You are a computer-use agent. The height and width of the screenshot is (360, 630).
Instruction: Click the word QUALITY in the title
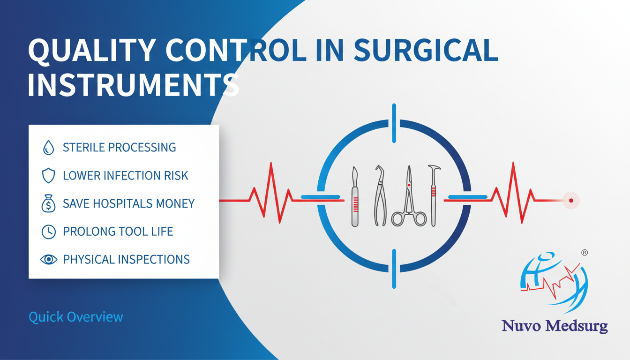pyautogui.click(x=92, y=50)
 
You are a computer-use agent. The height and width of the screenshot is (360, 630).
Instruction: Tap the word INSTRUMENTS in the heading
pyautogui.click(x=134, y=85)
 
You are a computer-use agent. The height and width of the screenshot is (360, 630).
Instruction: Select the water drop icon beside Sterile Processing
pyautogui.click(x=48, y=147)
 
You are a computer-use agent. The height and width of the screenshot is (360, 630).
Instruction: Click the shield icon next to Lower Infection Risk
pyautogui.click(x=48, y=175)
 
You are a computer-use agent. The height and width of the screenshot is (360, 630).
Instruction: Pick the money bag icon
pyautogui.click(x=48, y=203)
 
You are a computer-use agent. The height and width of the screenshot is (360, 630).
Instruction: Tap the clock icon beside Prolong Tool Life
pyautogui.click(x=49, y=232)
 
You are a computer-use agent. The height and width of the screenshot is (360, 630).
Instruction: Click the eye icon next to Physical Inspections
pyautogui.click(x=49, y=259)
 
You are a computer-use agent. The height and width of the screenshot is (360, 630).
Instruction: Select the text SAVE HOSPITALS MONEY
pyautogui.click(x=128, y=203)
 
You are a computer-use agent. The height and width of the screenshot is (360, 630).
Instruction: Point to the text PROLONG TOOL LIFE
pyautogui.click(x=118, y=232)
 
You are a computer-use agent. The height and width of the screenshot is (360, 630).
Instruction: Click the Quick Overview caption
pyautogui.click(x=76, y=317)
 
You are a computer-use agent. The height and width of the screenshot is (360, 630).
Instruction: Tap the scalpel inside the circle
pyautogui.click(x=355, y=196)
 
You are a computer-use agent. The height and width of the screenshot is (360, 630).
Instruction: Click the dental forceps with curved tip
pyautogui.click(x=380, y=195)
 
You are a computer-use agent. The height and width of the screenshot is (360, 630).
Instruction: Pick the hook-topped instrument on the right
pyautogui.click(x=434, y=196)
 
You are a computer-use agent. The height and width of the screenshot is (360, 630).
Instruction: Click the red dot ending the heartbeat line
pyautogui.click(x=571, y=201)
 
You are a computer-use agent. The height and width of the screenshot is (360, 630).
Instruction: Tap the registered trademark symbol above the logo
pyautogui.click(x=585, y=253)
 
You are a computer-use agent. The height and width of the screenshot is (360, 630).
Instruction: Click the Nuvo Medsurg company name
pyautogui.click(x=555, y=326)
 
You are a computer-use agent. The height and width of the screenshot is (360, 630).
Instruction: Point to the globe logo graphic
pyautogui.click(x=554, y=283)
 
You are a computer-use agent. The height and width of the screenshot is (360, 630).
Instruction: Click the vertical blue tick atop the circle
pyautogui.click(x=394, y=123)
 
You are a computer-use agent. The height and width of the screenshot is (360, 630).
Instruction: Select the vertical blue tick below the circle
pyautogui.click(x=394, y=269)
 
